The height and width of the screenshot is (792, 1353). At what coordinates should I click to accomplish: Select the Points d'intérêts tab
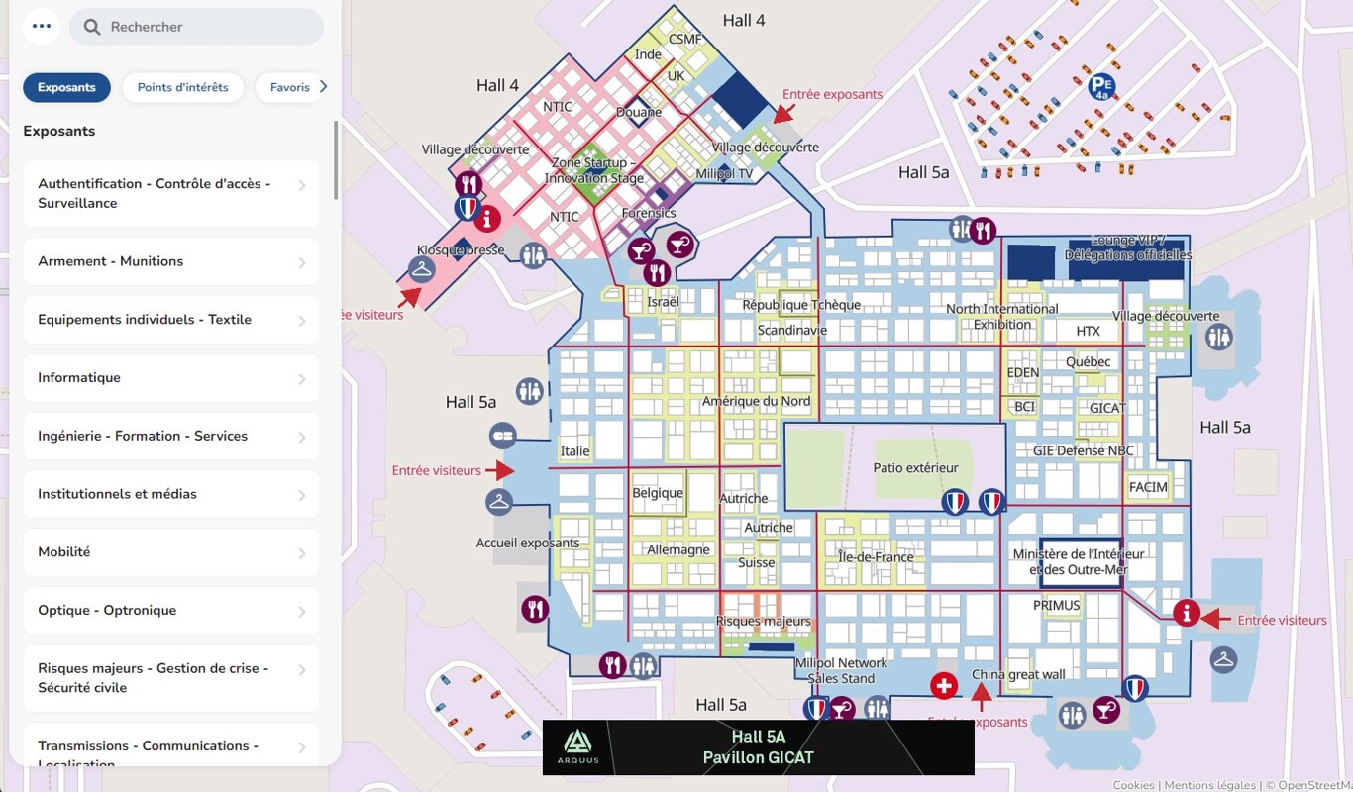tap(183, 87)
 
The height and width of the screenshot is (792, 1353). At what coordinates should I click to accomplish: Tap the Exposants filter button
tap(66, 87)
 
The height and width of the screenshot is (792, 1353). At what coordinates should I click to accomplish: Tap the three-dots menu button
tap(41, 27)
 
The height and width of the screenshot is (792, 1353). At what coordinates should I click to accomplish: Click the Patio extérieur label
tap(915, 468)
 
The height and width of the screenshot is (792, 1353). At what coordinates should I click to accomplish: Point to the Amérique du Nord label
tap(756, 402)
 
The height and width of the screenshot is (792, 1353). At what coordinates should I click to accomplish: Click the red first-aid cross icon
tap(943, 685)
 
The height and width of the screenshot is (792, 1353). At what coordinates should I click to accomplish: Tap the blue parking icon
tap(1101, 87)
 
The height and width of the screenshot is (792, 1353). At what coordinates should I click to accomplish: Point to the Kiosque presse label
tap(461, 250)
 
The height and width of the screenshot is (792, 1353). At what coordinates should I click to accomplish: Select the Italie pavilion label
tap(574, 451)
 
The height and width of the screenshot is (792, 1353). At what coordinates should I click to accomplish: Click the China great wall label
tap(1018, 675)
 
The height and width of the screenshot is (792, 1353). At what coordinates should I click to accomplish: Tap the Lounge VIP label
tap(1127, 247)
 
